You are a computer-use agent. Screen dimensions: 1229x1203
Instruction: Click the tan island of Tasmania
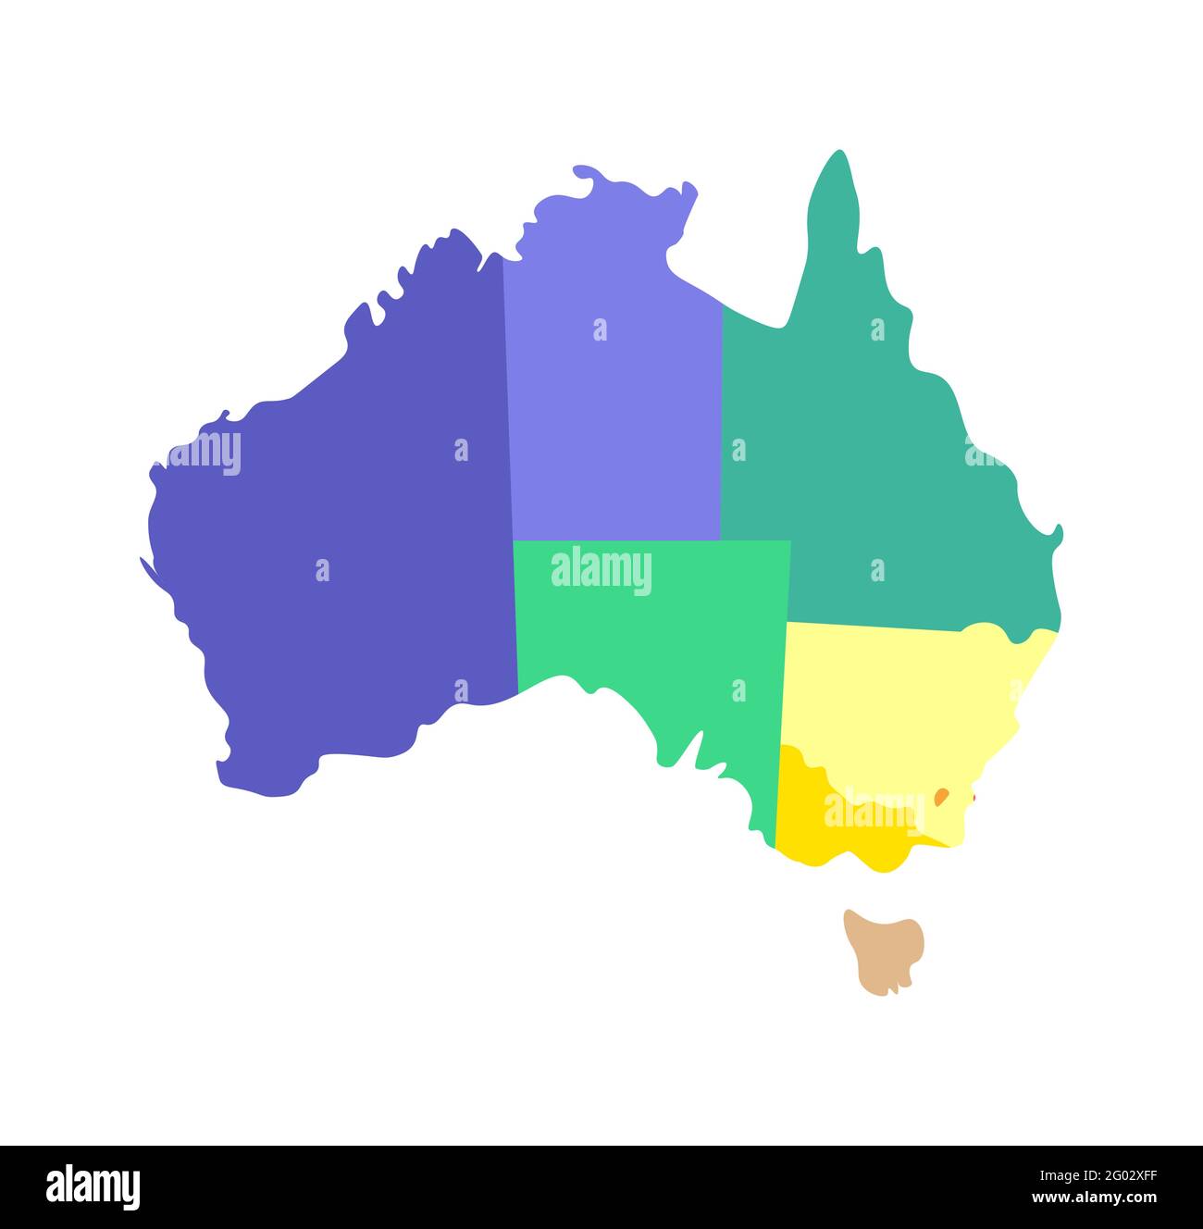pos(884,949)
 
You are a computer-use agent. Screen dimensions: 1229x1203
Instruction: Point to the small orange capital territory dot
pos(941,796)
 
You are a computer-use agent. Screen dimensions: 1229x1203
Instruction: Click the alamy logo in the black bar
pos(93,1187)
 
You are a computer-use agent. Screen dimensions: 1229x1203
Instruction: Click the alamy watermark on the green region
pos(601,570)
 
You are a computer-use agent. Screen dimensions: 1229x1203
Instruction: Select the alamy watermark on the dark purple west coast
pos(204,453)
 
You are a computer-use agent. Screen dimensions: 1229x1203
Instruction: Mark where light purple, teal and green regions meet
pos(721,540)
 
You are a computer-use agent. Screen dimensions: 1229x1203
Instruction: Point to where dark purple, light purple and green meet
pos(513,540)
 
